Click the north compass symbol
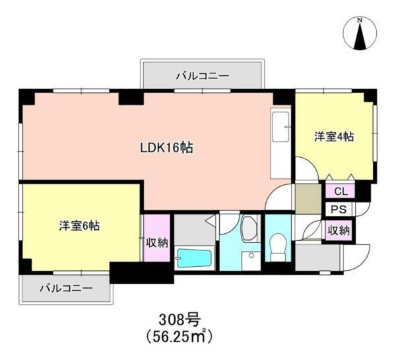pos(360,34)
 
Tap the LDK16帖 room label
pos(165,149)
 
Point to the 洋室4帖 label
pos(333,137)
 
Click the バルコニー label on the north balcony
pos(203,76)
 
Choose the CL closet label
pos(341,192)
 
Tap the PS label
pos(341,211)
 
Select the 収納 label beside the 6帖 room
pos(157,242)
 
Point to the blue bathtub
pos(193,258)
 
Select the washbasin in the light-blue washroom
pos(249,229)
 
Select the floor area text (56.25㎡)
pos(180,336)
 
